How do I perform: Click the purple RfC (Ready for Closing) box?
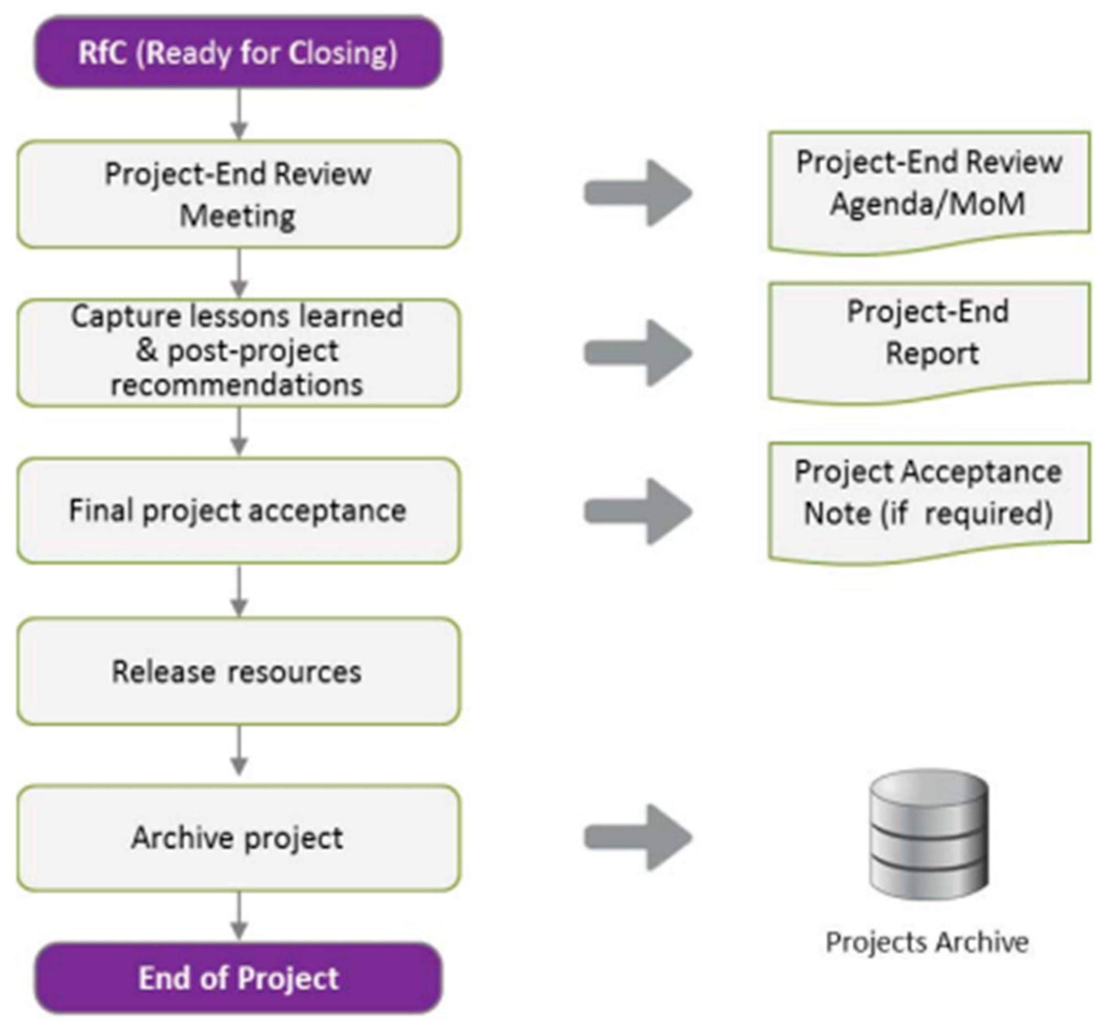238,53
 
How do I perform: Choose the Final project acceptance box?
238,511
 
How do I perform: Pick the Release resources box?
238,671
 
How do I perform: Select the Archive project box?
238,837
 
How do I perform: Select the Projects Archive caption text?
927,943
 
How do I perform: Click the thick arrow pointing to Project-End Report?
637,353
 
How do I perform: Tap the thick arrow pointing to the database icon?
637,837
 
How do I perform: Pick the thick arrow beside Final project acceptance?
637,511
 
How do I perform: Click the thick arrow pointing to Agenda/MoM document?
637,194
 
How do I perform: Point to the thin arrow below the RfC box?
239,114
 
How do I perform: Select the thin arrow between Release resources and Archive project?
239,751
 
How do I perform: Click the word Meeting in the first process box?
237,216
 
